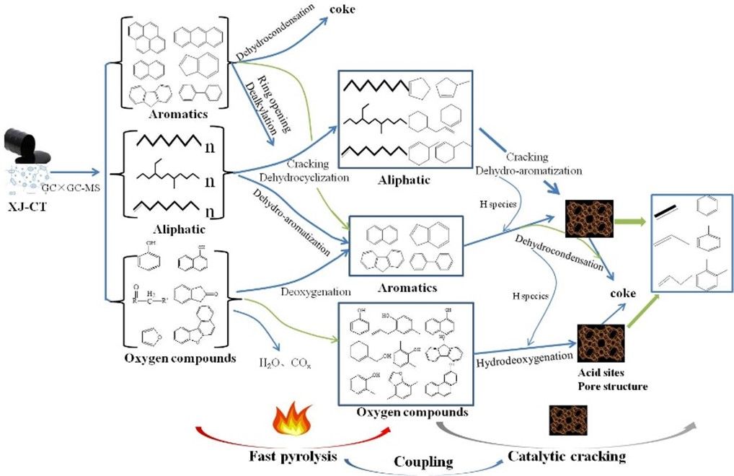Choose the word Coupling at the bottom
pyautogui.click(x=423, y=460)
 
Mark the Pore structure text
pyautogui.click(x=613, y=387)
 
